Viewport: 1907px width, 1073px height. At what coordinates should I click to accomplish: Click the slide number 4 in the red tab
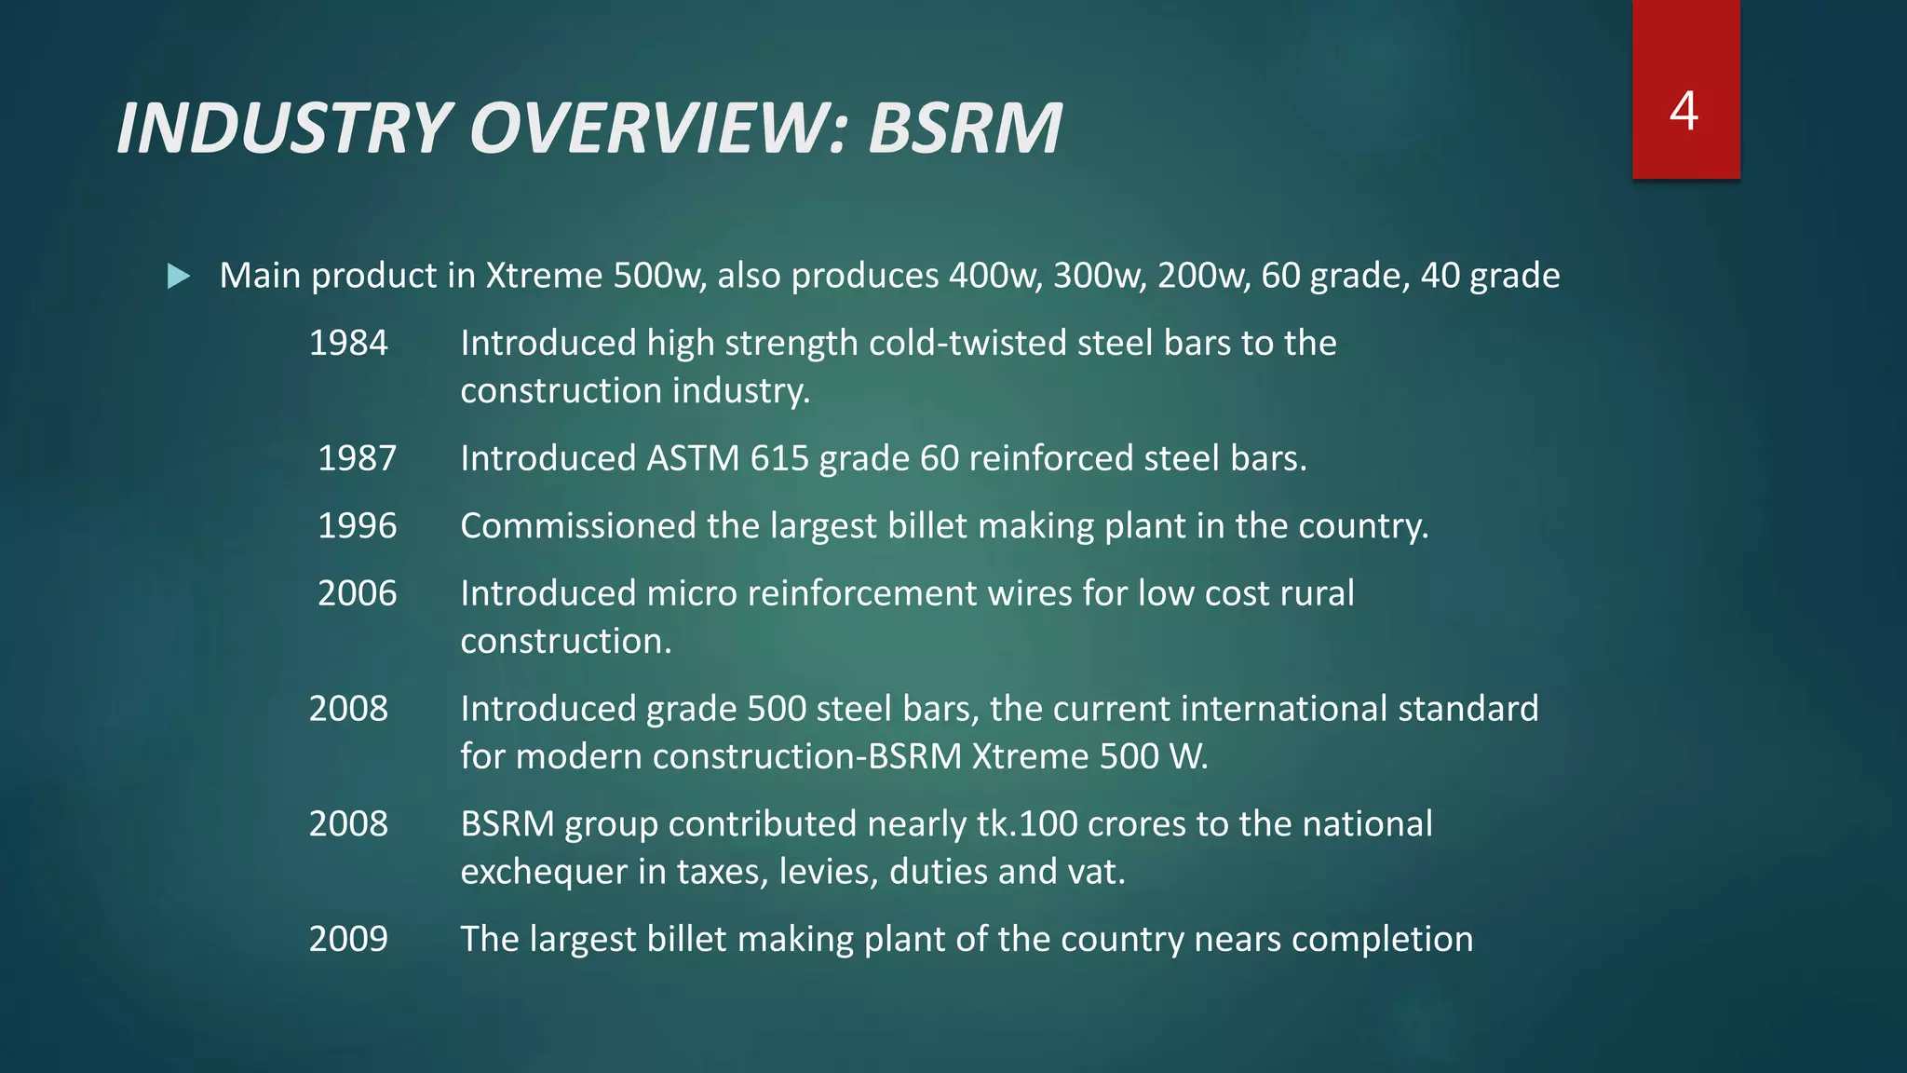(1684, 111)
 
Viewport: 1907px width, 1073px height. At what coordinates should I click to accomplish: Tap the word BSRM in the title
(965, 128)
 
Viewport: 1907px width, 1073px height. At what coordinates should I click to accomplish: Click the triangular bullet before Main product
(179, 276)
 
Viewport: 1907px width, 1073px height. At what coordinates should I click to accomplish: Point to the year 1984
(348, 344)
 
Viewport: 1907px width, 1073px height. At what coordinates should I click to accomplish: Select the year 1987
(357, 458)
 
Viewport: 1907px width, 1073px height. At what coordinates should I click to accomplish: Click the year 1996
(357, 526)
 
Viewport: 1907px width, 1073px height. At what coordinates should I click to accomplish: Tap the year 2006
(357, 593)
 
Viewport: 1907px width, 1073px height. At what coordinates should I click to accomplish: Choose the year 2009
(348, 939)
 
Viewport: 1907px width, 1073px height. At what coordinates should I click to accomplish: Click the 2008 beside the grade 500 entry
(348, 709)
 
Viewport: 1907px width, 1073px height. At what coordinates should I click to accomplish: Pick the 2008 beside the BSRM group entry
(348, 824)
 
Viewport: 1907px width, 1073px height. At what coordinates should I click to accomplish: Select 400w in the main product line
(994, 276)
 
